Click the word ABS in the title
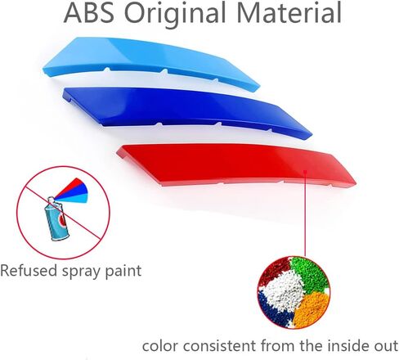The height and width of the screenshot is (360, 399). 89,12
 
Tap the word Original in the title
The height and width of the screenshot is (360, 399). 175,14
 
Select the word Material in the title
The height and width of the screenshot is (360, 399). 289,12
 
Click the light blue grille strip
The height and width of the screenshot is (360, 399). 151,62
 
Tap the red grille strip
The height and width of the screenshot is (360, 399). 236,164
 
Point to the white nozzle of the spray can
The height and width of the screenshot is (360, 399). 52,200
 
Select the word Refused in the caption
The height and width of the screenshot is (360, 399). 29,271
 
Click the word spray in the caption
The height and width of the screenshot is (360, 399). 81,272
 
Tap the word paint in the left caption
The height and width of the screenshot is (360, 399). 123,272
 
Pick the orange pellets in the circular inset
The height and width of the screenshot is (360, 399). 313,309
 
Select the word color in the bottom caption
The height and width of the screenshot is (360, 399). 160,346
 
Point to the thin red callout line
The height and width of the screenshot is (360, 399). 306,214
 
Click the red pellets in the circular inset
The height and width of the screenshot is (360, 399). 274,271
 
